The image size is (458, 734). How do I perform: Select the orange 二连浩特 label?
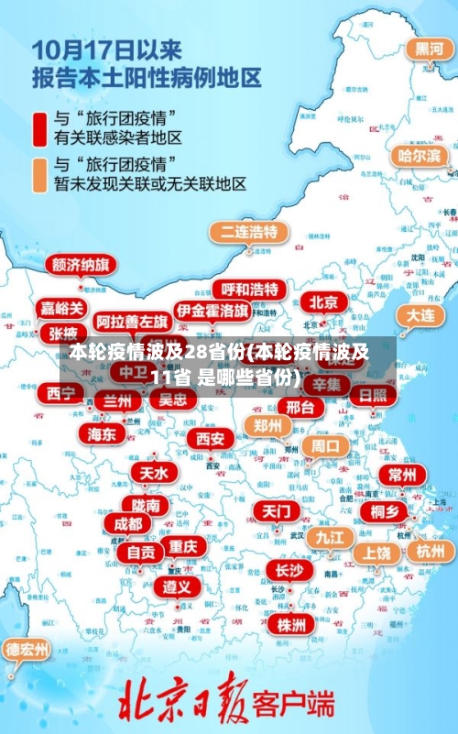pyautogui.click(x=247, y=231)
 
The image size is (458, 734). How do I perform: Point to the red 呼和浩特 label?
pyautogui.click(x=248, y=290)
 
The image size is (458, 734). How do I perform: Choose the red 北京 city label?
pyautogui.click(x=322, y=301)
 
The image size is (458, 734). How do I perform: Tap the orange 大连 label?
pyautogui.click(x=420, y=314)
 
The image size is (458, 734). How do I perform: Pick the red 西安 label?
pyautogui.click(x=210, y=439)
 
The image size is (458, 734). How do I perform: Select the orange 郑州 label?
pyautogui.click(x=267, y=425)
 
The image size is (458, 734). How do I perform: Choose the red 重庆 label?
pyautogui.click(x=183, y=545)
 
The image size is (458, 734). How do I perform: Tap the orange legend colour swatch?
pyautogui.click(x=41, y=174)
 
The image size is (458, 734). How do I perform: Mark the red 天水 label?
pyautogui.click(x=153, y=473)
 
